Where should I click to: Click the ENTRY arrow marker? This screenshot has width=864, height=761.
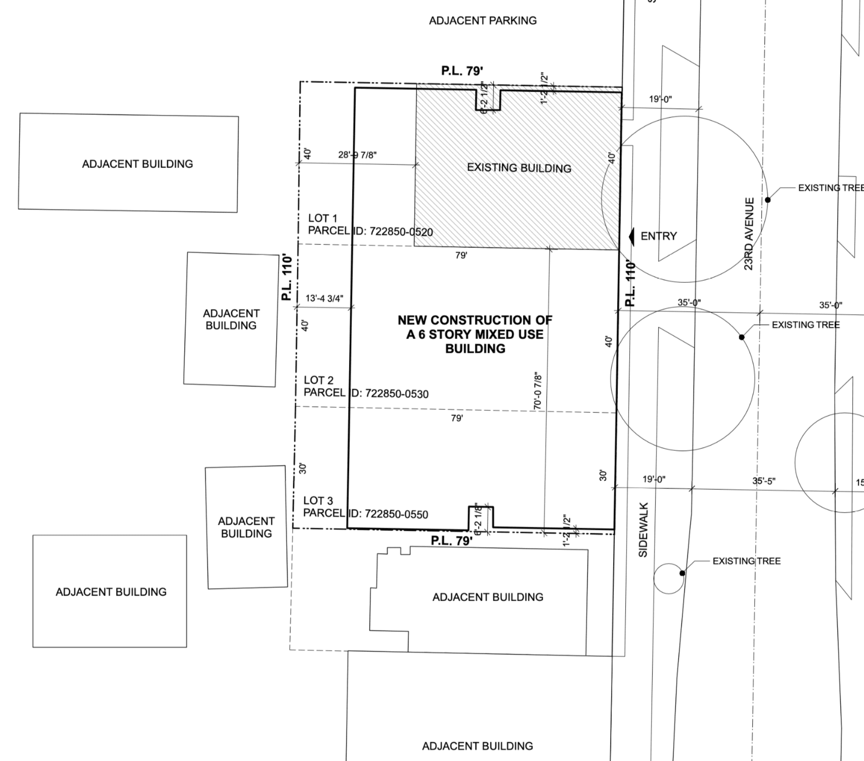coord(631,236)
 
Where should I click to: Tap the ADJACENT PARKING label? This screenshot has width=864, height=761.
coord(483,21)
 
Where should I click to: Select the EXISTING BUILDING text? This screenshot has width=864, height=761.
coord(519,168)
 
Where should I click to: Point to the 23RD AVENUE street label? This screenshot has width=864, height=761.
coord(749,234)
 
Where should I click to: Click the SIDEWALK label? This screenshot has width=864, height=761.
coord(643,530)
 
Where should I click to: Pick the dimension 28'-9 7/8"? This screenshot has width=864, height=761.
coord(357,155)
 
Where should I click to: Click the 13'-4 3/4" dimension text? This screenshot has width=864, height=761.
coord(324,298)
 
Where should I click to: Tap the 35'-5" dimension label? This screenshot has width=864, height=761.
coord(764,481)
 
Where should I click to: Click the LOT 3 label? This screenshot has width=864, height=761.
coord(318,500)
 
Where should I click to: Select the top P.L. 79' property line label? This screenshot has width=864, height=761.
coord(461,71)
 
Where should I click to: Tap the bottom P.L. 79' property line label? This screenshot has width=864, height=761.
coord(452,541)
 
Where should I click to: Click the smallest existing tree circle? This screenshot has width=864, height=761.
coord(668,578)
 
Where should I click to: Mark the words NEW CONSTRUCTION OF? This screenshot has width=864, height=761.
coord(475,320)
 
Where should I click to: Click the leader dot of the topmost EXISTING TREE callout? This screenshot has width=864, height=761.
coord(767,200)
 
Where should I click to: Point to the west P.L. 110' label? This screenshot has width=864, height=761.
coord(287,278)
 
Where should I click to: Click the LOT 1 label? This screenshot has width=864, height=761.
coord(323,218)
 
